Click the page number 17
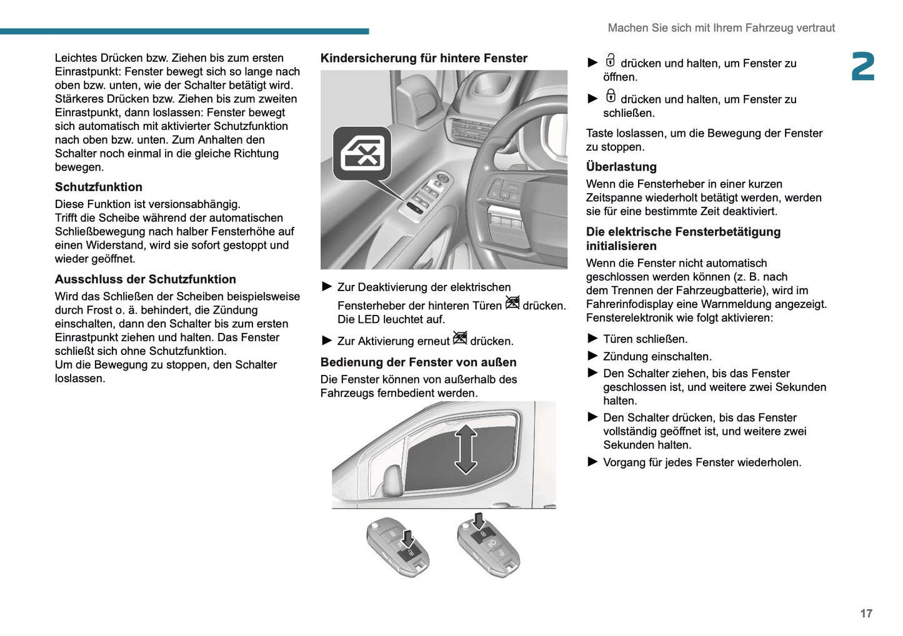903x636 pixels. (x=866, y=614)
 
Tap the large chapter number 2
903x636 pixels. (x=863, y=67)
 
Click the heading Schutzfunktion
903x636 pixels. (x=99, y=187)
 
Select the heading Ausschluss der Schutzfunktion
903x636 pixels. (x=146, y=279)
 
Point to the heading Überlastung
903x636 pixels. (x=621, y=167)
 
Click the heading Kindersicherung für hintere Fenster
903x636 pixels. (x=424, y=58)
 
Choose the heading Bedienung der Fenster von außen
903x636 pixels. (x=418, y=362)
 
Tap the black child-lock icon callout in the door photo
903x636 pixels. (x=362, y=154)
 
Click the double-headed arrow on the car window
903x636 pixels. (x=466, y=449)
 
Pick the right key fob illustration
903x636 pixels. (x=488, y=545)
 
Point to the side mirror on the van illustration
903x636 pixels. (x=392, y=480)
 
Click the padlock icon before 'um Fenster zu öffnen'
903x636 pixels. (x=611, y=61)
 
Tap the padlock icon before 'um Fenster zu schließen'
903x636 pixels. (x=611, y=97)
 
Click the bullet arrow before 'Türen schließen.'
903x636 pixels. (x=592, y=339)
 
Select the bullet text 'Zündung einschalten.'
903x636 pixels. (x=657, y=357)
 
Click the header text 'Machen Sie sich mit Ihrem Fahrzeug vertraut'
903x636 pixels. (x=721, y=28)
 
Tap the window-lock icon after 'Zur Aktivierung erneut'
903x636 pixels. (x=460, y=339)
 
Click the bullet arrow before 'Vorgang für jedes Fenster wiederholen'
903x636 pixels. (x=592, y=462)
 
